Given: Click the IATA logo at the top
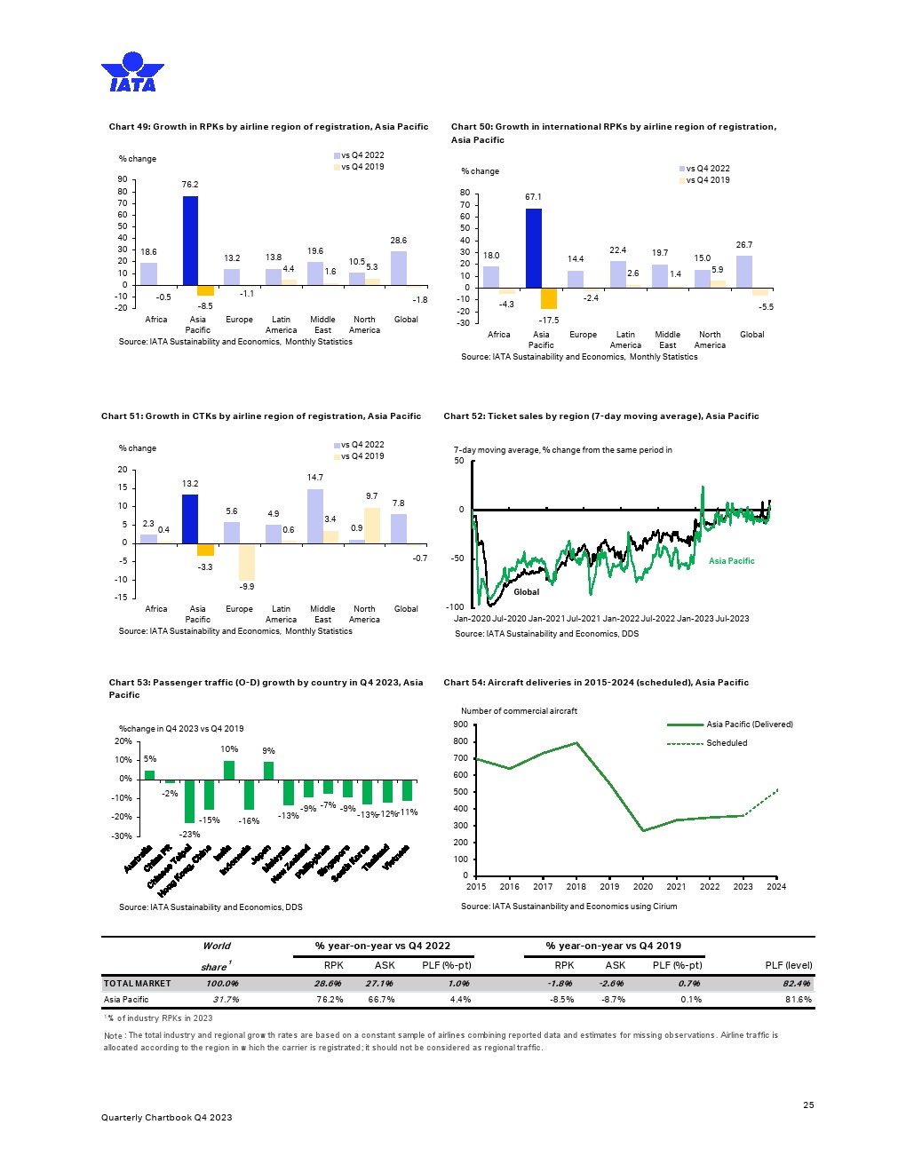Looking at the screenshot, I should [132, 72].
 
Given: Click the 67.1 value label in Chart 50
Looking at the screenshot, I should [533, 197].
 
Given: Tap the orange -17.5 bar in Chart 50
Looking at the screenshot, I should [549, 298].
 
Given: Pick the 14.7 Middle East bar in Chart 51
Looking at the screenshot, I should [315, 516].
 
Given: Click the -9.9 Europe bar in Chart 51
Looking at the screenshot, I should [247, 561].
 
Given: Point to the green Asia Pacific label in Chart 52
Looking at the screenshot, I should [731, 561].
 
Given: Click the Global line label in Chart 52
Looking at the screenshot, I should [526, 592].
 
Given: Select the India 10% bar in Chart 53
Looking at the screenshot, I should [229, 770].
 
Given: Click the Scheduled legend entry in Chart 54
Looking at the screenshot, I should [726, 743].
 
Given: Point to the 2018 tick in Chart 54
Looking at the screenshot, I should [576, 886].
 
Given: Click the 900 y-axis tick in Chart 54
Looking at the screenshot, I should [460, 725].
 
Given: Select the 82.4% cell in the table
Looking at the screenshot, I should [797, 984].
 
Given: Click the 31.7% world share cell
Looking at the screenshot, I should [223, 1000].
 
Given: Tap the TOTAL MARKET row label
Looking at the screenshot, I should [137, 984].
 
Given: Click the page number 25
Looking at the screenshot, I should [808, 1105].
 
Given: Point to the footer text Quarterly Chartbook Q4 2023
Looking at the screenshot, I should [166, 1118].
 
